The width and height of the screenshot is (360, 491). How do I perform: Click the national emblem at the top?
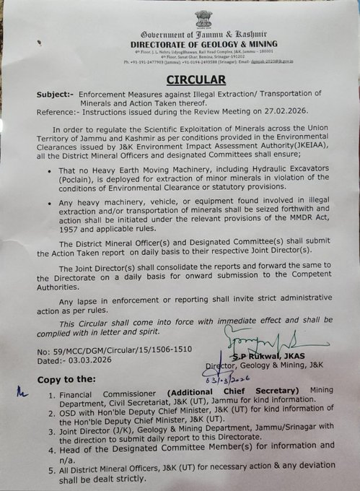(x=203, y=19)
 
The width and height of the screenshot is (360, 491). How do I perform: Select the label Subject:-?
(x=54, y=95)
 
